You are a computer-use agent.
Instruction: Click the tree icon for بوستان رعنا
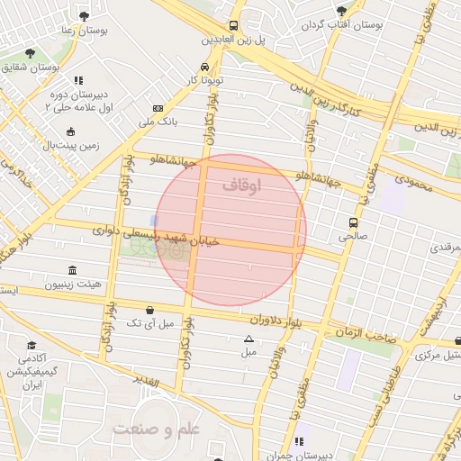(x=85, y=16)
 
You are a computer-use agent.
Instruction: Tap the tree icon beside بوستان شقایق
(x=30, y=54)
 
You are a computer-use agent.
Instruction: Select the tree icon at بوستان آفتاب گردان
(x=340, y=11)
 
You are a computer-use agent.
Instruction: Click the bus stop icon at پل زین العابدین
(x=234, y=25)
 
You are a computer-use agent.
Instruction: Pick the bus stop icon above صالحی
(x=353, y=221)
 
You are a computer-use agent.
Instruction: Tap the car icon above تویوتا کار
(x=206, y=67)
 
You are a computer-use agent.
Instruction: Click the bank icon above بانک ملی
(x=158, y=107)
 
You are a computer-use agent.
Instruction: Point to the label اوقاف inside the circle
(x=240, y=185)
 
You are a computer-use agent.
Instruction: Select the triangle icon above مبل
(x=249, y=339)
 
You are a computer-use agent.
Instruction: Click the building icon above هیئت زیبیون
(x=72, y=270)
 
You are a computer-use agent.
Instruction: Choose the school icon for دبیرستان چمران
(x=297, y=442)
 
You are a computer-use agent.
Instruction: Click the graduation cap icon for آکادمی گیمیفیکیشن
(x=32, y=346)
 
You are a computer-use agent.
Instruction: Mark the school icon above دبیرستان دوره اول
(x=78, y=80)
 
